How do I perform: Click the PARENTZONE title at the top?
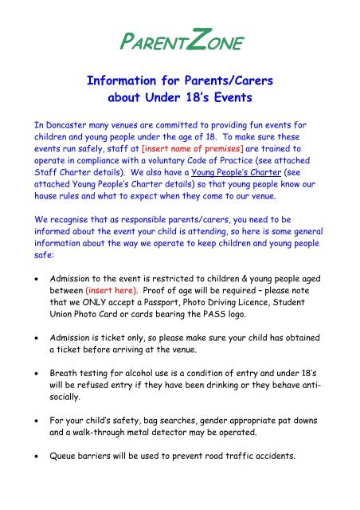pos(179,40)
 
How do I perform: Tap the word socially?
pos(70,411)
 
